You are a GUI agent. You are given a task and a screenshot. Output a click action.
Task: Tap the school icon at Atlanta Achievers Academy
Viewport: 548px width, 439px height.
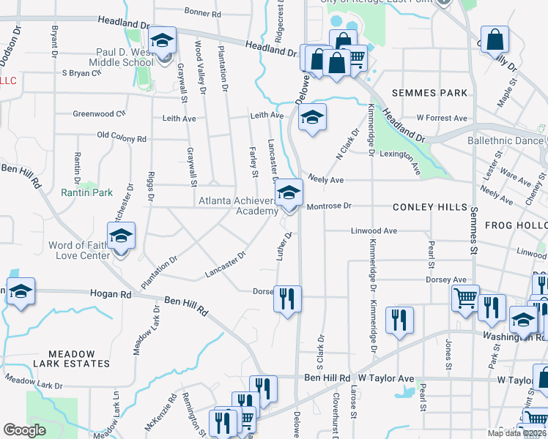click(x=289, y=194)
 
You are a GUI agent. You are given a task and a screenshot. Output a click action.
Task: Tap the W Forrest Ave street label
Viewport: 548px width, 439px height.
click(x=441, y=118)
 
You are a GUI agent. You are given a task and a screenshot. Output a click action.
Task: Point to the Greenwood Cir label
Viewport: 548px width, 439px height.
click(x=100, y=113)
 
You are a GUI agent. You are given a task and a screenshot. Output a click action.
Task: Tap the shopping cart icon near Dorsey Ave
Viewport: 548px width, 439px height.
click(x=465, y=299)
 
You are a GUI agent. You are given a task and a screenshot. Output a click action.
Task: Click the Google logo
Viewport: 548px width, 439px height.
click(x=25, y=429)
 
